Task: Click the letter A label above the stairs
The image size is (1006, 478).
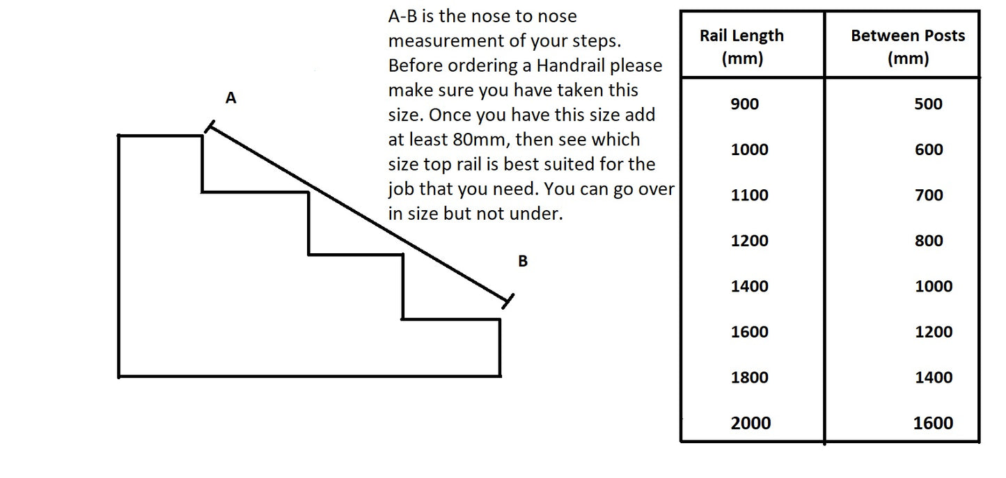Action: pos(231,99)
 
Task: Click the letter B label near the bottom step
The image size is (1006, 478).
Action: pos(523,262)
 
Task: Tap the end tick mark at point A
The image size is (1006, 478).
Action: pos(209,127)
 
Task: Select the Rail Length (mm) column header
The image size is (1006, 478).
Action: pos(741,47)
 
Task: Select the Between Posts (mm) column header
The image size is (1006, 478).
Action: pos(908,47)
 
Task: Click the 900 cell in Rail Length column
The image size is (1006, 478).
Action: pos(745,104)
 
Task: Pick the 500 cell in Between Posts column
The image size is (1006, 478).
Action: pos(928,104)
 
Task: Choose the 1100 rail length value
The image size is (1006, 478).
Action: pos(750,196)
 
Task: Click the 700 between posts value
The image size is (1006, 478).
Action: pos(929,196)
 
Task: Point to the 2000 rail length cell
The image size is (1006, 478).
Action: pos(750,423)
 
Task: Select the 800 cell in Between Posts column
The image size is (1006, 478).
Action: pos(929,241)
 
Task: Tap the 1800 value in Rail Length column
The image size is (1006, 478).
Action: pos(750,378)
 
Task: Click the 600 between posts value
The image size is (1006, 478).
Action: pos(929,150)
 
